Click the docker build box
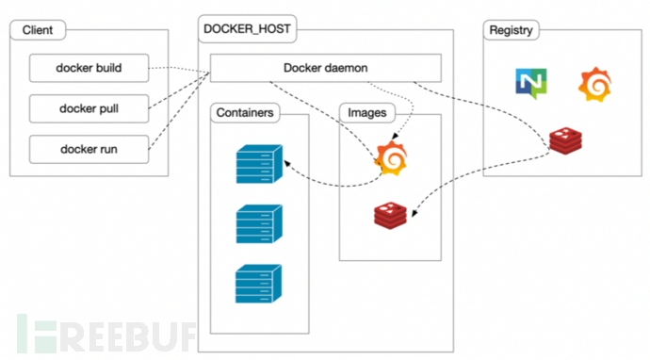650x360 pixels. coord(89,68)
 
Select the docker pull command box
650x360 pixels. coord(89,107)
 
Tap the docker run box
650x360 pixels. coord(89,148)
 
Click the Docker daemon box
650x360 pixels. coord(326,68)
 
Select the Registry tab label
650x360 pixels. coord(512,30)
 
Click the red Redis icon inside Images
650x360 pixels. coord(391,216)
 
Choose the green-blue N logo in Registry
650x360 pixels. coord(529,83)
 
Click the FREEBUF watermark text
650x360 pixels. coord(104,332)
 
